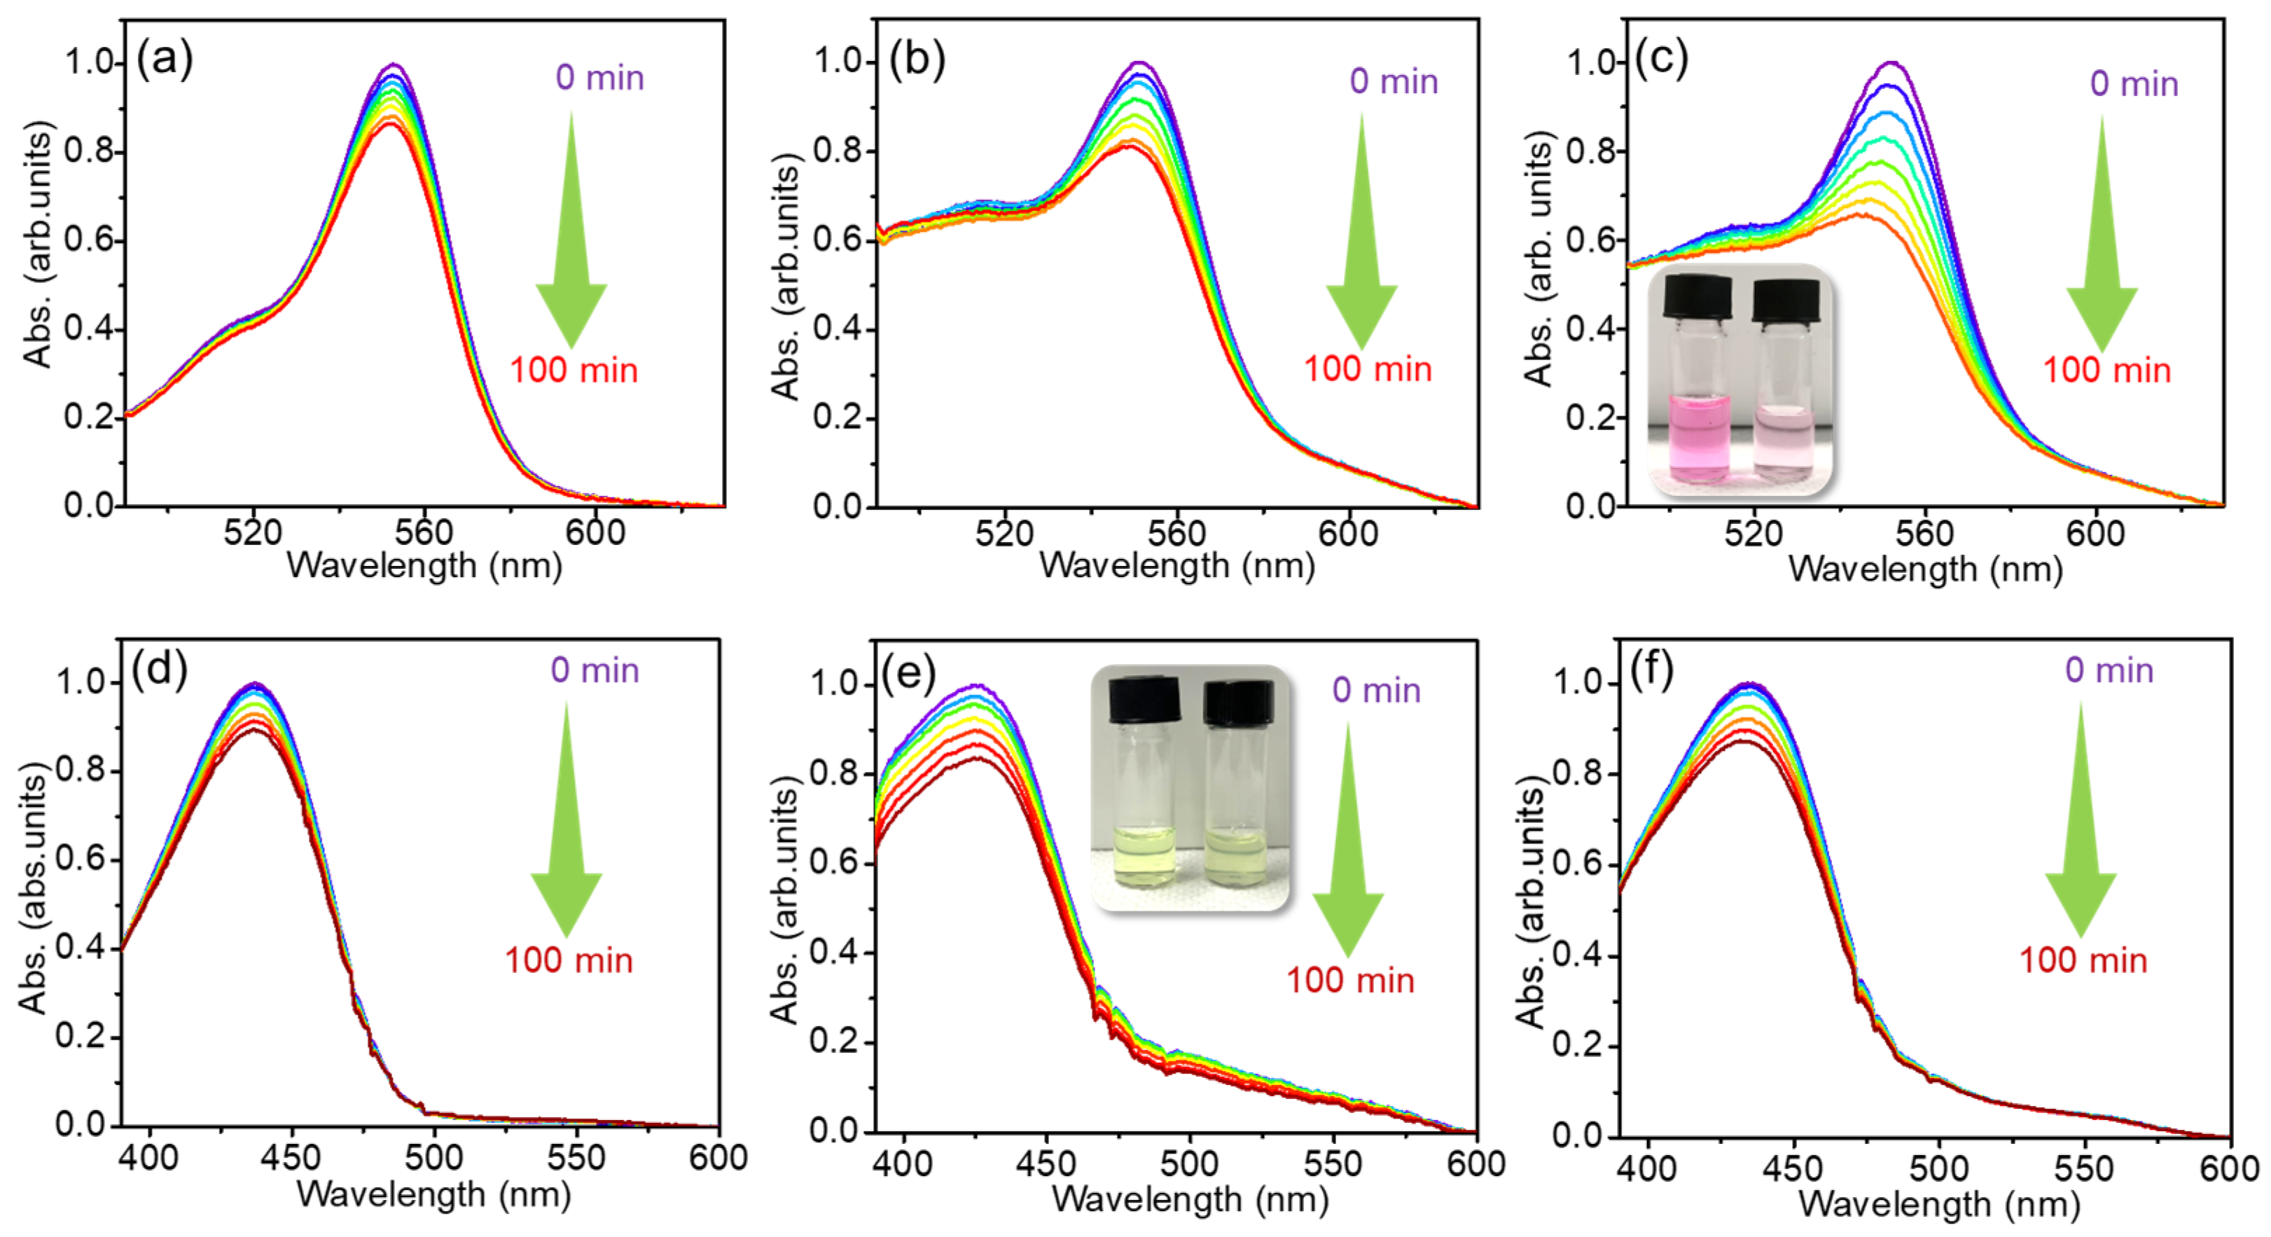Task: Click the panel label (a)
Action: (x=165, y=60)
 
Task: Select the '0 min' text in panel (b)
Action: (x=1393, y=81)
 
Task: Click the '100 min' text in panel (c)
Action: (x=2106, y=371)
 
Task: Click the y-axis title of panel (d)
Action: (x=34, y=890)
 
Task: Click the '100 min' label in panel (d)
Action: (x=569, y=960)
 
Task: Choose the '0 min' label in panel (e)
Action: (x=1376, y=691)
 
